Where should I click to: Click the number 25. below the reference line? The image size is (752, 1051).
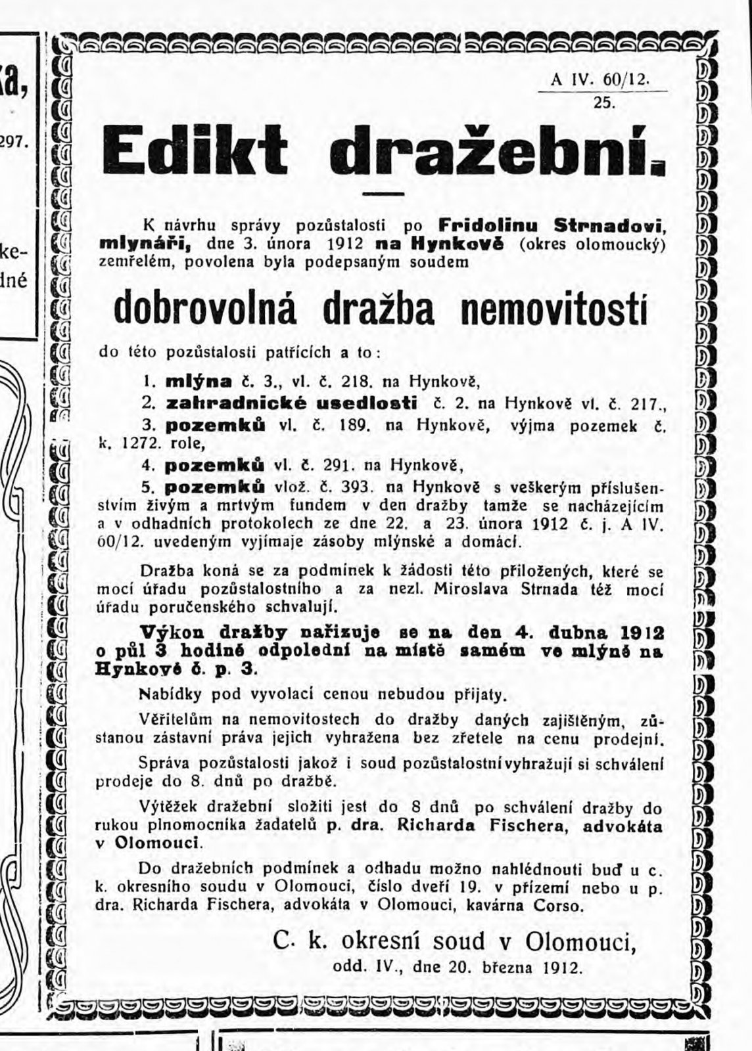(x=603, y=102)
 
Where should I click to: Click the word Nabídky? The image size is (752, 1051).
(x=166, y=694)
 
